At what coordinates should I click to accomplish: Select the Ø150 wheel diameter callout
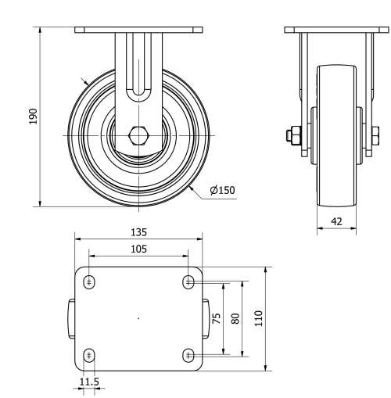pyautogui.click(x=222, y=190)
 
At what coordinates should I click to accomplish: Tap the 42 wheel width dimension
pyautogui.click(x=336, y=222)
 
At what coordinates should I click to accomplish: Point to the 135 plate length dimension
pyautogui.click(x=139, y=232)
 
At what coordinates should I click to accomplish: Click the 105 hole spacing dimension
pyautogui.click(x=138, y=249)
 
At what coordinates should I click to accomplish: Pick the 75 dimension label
pyautogui.click(x=215, y=318)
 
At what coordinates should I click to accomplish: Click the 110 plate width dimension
pyautogui.click(x=259, y=318)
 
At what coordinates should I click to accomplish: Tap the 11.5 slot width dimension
pyautogui.click(x=90, y=382)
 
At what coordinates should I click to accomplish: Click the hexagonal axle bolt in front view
pyautogui.click(x=139, y=134)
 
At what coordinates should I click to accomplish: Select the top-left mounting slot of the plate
pyautogui.click(x=90, y=281)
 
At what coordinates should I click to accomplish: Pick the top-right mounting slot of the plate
pyautogui.click(x=188, y=281)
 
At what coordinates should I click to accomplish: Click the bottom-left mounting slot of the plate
pyautogui.click(x=90, y=356)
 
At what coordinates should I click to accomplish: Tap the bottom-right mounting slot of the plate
pyautogui.click(x=188, y=356)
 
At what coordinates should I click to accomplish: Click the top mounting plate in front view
pyautogui.click(x=139, y=30)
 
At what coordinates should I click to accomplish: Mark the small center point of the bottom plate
pyautogui.click(x=138, y=319)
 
